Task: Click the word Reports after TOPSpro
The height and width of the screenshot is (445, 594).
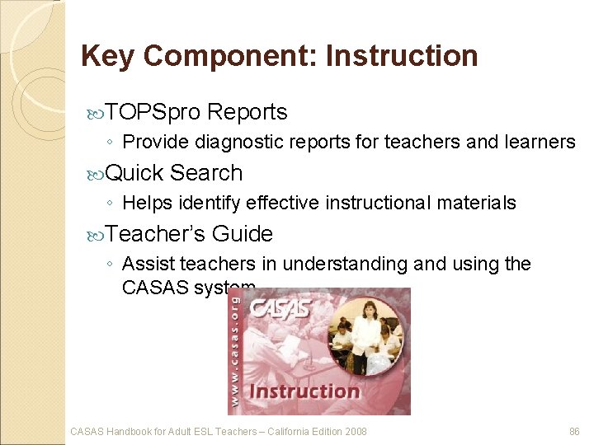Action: click(247, 112)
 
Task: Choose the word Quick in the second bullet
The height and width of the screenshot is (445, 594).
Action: click(135, 173)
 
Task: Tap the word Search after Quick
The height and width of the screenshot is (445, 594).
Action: click(206, 173)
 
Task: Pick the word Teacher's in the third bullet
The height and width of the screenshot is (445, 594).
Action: click(156, 234)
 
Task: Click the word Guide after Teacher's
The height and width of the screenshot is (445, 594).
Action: click(243, 234)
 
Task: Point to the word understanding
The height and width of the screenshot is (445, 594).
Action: click(368, 265)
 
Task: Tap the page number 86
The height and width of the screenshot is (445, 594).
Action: click(575, 431)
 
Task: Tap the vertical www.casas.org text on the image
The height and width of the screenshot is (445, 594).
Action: click(236, 349)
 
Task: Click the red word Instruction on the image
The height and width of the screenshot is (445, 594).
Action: click(304, 391)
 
